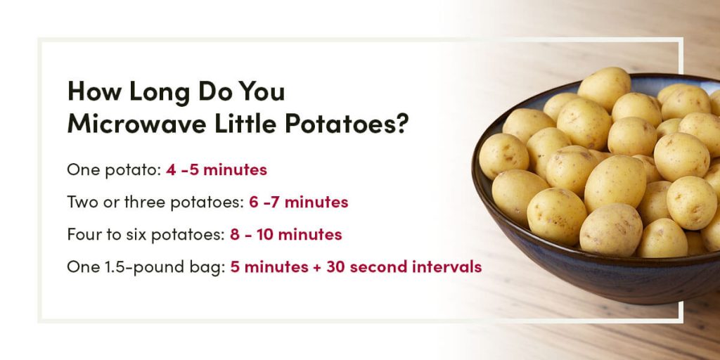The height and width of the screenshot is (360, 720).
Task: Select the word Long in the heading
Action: (147, 92)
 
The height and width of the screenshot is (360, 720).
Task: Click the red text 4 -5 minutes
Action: (217, 170)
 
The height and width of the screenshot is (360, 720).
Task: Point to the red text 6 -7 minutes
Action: (298, 202)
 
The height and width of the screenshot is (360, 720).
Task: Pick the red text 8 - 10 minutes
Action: (285, 235)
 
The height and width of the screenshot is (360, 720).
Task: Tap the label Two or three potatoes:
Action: (155, 202)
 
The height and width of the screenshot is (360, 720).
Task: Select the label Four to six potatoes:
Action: (146, 235)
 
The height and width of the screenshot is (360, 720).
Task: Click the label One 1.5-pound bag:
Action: (146, 267)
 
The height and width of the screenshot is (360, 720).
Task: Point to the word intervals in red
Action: (449, 267)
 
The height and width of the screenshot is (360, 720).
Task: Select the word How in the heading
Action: (90, 92)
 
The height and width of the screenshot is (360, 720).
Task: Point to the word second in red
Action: (380, 267)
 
